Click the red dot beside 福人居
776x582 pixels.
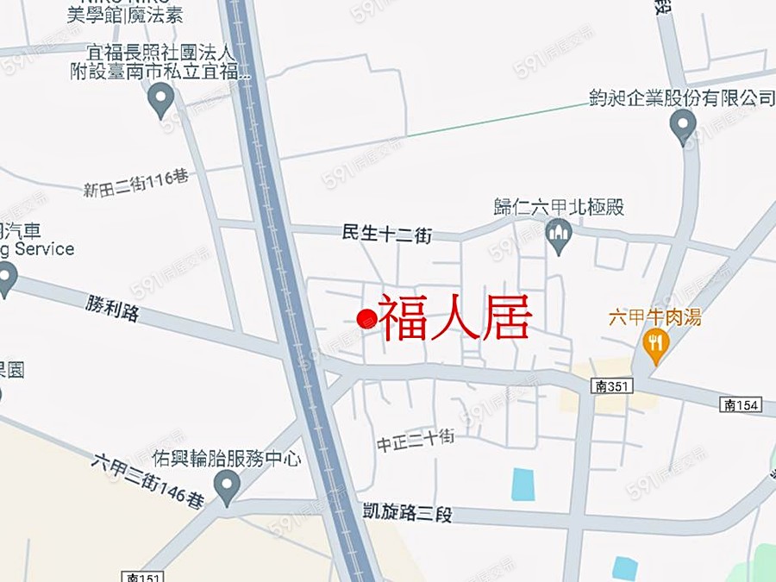[x=366, y=319]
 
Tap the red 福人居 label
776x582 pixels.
[x=454, y=318]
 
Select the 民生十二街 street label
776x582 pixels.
[x=386, y=233]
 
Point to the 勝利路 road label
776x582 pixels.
[x=112, y=309]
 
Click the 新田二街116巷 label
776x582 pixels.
[x=135, y=184]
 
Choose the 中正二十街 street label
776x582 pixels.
[x=415, y=441]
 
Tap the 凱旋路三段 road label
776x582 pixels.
[x=409, y=514]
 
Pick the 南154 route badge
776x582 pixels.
[x=742, y=405]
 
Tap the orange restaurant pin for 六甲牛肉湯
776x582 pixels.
[x=657, y=345]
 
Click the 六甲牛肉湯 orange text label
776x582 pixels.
[x=654, y=316]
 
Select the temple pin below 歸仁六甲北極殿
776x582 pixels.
[x=560, y=235]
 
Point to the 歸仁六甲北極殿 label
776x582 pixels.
[x=559, y=207]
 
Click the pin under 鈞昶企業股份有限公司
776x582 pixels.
[x=683, y=126]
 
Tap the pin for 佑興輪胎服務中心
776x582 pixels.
[x=228, y=486]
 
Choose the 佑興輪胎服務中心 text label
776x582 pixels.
[x=226, y=459]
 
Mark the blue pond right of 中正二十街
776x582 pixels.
[x=523, y=484]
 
